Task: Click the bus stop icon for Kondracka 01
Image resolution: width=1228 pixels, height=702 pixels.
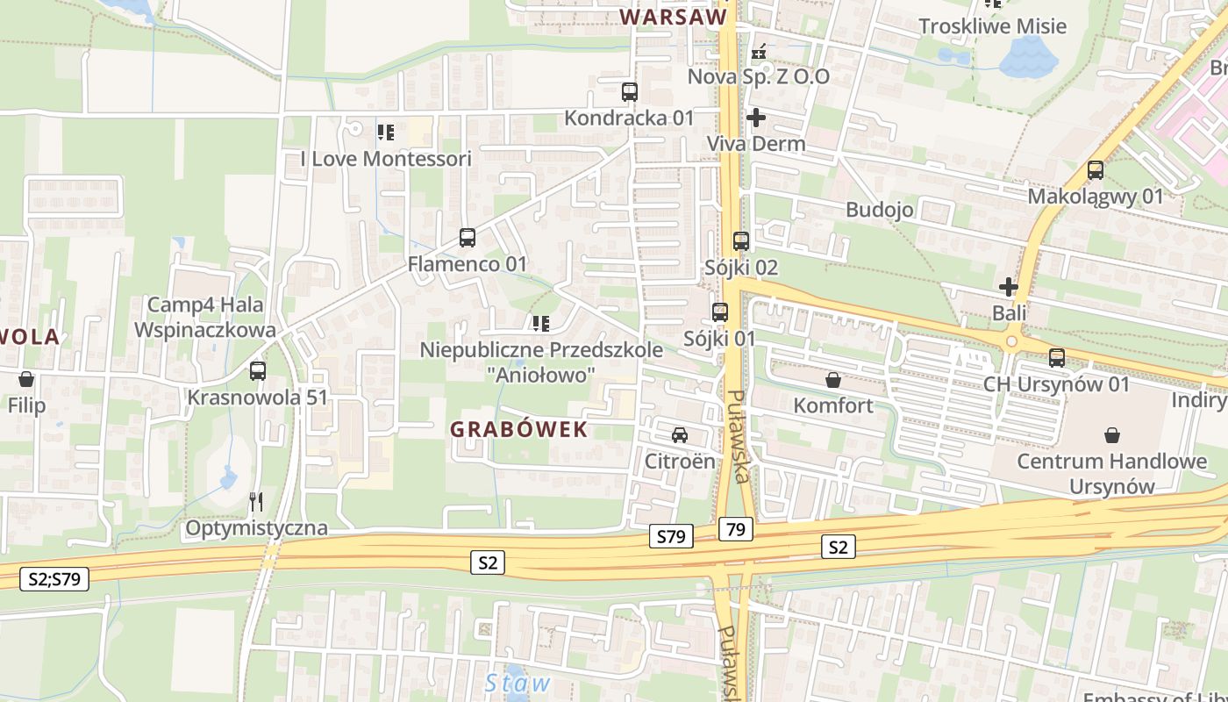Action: (x=629, y=91)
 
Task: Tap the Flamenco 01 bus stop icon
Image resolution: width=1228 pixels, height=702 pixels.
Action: (x=468, y=238)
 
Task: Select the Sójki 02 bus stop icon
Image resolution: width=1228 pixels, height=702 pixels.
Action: (x=741, y=240)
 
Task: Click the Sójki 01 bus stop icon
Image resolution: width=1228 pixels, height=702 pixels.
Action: (x=720, y=312)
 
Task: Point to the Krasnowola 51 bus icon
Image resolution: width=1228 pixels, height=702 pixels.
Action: (x=257, y=370)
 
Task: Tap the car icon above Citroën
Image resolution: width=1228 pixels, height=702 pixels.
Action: (x=679, y=434)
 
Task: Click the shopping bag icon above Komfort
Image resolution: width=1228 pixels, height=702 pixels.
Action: (x=832, y=380)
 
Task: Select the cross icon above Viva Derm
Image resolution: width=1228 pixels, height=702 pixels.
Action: (x=756, y=117)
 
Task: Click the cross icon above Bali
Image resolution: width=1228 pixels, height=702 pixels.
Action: (x=1009, y=286)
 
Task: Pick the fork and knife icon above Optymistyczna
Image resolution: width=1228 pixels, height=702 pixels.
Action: (x=256, y=502)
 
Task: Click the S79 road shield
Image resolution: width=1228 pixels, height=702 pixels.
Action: (x=672, y=536)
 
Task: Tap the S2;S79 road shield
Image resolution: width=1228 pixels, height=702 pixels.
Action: (x=54, y=578)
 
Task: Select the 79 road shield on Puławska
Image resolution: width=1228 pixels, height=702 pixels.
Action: (x=736, y=529)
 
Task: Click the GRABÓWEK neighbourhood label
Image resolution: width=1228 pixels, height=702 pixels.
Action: (x=518, y=429)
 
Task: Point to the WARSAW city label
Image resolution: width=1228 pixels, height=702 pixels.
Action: (x=674, y=17)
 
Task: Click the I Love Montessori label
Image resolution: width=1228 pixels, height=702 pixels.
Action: (x=386, y=159)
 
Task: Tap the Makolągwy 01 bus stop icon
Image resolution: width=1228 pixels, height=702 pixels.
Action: (x=1095, y=170)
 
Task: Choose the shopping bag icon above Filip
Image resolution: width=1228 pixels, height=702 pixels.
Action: (x=26, y=380)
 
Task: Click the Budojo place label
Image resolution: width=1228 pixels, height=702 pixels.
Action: (x=880, y=210)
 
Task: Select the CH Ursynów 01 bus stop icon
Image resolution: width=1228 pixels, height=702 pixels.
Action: (x=1057, y=358)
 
